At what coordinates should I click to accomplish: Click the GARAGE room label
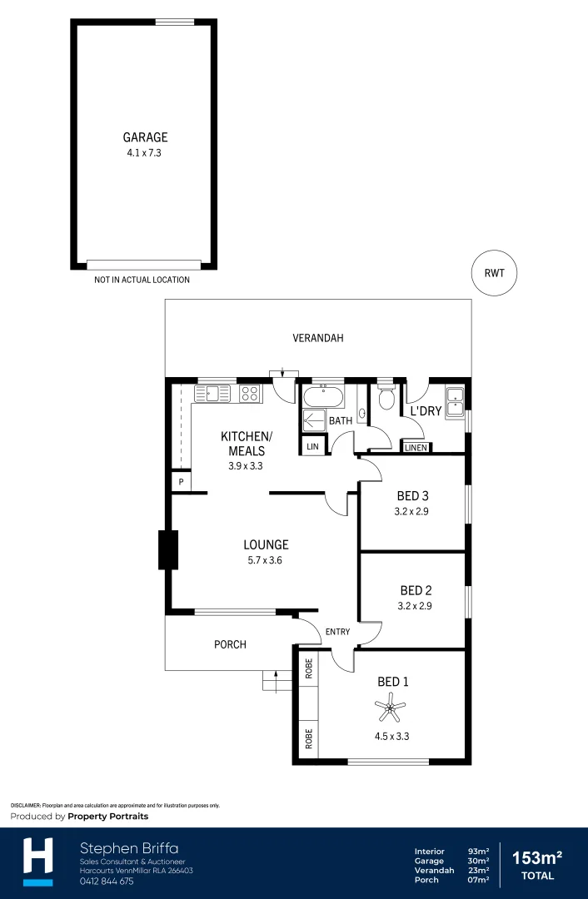145,137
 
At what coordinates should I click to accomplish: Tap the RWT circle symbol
494,272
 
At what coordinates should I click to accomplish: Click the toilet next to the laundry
385,399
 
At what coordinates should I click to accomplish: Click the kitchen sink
213,394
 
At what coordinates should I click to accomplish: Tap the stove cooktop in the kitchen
250,394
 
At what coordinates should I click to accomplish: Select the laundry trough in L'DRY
454,401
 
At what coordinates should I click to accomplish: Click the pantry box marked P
180,482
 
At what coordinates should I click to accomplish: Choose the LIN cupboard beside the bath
312,447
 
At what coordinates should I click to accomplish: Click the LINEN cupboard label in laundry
416,448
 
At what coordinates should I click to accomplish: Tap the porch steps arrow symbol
272,680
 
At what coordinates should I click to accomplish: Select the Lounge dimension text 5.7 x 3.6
266,560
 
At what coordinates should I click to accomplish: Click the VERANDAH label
317,338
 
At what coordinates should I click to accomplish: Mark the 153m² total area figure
536,857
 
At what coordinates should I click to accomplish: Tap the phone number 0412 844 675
107,881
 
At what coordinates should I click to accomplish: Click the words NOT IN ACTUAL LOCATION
142,280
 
